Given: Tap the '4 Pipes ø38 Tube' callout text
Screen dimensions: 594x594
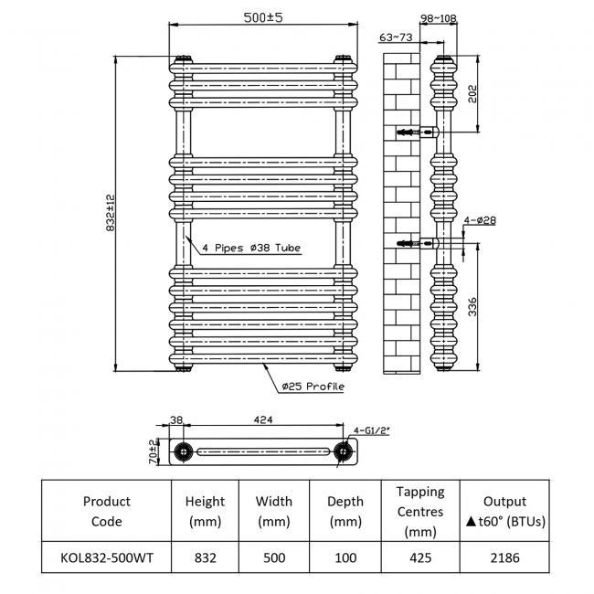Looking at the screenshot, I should pyautogui.click(x=251, y=248).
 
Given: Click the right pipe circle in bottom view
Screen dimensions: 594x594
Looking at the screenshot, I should pyautogui.click(x=344, y=451).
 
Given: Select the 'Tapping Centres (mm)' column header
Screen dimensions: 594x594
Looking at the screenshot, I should pyautogui.click(x=420, y=512).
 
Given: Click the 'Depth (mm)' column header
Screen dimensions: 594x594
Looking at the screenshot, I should pyautogui.click(x=345, y=512).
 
